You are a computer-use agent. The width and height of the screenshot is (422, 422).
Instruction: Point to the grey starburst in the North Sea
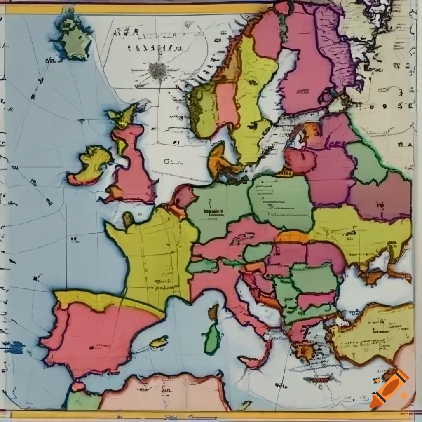158,70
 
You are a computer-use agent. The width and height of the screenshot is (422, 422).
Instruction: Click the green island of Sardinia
212,338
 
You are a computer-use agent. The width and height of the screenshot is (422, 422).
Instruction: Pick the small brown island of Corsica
213,312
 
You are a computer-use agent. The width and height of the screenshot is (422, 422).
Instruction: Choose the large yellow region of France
152,256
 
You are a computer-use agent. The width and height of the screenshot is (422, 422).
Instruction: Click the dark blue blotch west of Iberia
15,347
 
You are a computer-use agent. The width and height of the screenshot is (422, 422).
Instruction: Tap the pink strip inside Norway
227,105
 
